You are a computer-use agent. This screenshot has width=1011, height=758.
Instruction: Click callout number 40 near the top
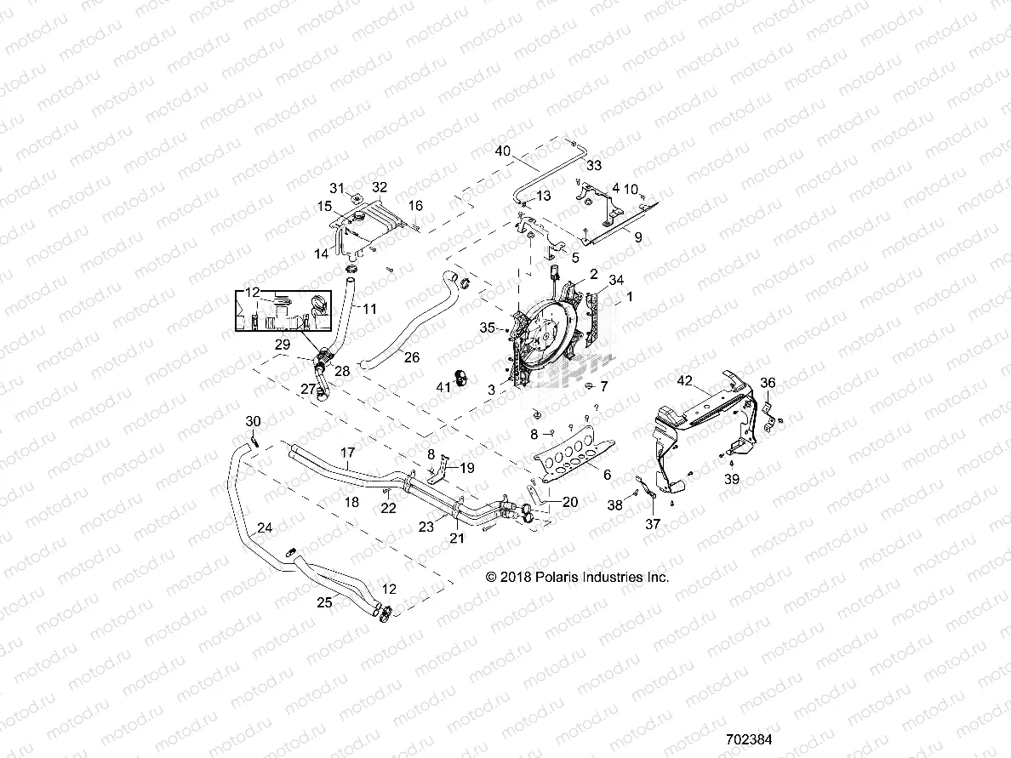point(502,151)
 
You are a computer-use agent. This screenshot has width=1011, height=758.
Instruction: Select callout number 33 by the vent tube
point(594,164)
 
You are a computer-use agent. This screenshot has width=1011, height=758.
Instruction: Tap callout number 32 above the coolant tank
point(380,186)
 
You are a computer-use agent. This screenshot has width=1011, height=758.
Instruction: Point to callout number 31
point(338,188)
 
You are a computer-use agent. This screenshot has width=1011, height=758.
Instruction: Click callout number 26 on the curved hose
point(411,357)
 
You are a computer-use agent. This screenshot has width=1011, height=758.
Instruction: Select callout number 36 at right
point(768,384)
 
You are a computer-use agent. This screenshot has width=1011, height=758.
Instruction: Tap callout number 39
point(732,479)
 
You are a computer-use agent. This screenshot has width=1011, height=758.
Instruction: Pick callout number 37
point(653,524)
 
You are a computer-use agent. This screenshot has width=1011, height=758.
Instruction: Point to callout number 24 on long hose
point(265,528)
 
